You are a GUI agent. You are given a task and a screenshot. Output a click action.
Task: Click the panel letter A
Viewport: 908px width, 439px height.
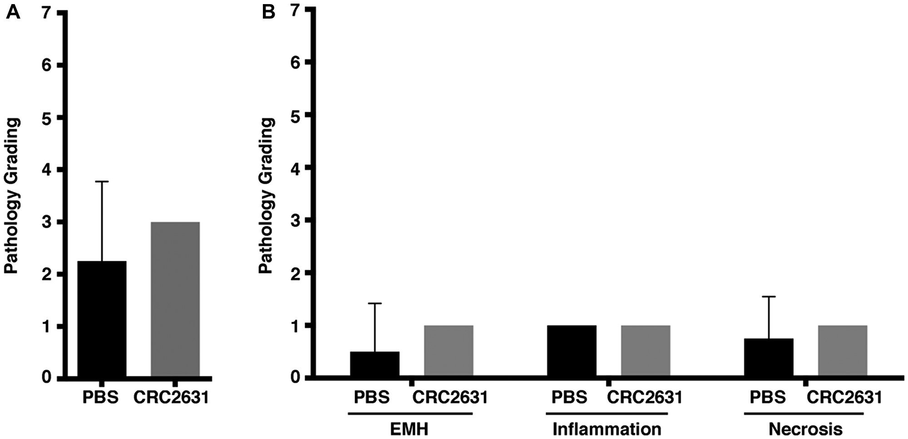click(13, 12)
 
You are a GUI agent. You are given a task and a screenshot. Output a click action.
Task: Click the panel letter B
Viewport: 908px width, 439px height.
click(268, 12)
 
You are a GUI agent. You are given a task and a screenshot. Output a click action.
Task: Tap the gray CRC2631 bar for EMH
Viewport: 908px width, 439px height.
click(449, 351)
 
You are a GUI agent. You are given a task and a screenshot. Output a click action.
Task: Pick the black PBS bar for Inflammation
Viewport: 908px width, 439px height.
click(572, 351)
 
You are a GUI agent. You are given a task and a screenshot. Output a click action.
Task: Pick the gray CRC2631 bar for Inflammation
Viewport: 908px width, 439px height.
click(646, 351)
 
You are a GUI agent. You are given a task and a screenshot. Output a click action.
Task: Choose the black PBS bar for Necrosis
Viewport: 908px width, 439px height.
click(769, 357)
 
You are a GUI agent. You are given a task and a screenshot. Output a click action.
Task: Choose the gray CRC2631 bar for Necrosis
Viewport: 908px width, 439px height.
click(843, 351)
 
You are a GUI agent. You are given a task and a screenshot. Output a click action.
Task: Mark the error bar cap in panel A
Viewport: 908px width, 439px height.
click(102, 181)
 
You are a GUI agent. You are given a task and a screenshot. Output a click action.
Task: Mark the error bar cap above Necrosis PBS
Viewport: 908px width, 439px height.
click(769, 296)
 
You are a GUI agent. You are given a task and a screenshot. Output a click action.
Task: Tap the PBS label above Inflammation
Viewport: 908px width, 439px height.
click(569, 398)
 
